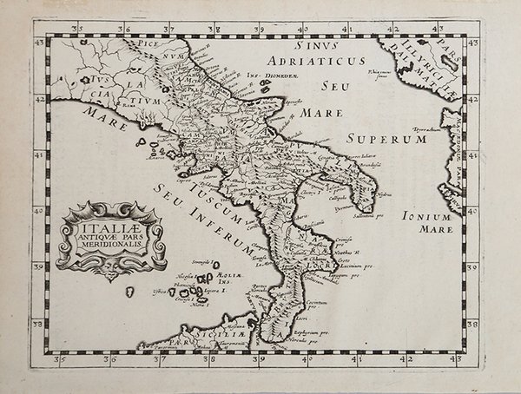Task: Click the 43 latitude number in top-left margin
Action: point(37,39)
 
